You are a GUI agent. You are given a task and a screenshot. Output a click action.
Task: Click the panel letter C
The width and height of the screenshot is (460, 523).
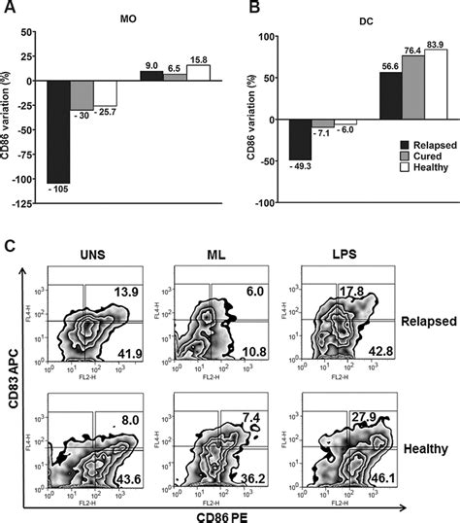tap(9, 239)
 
